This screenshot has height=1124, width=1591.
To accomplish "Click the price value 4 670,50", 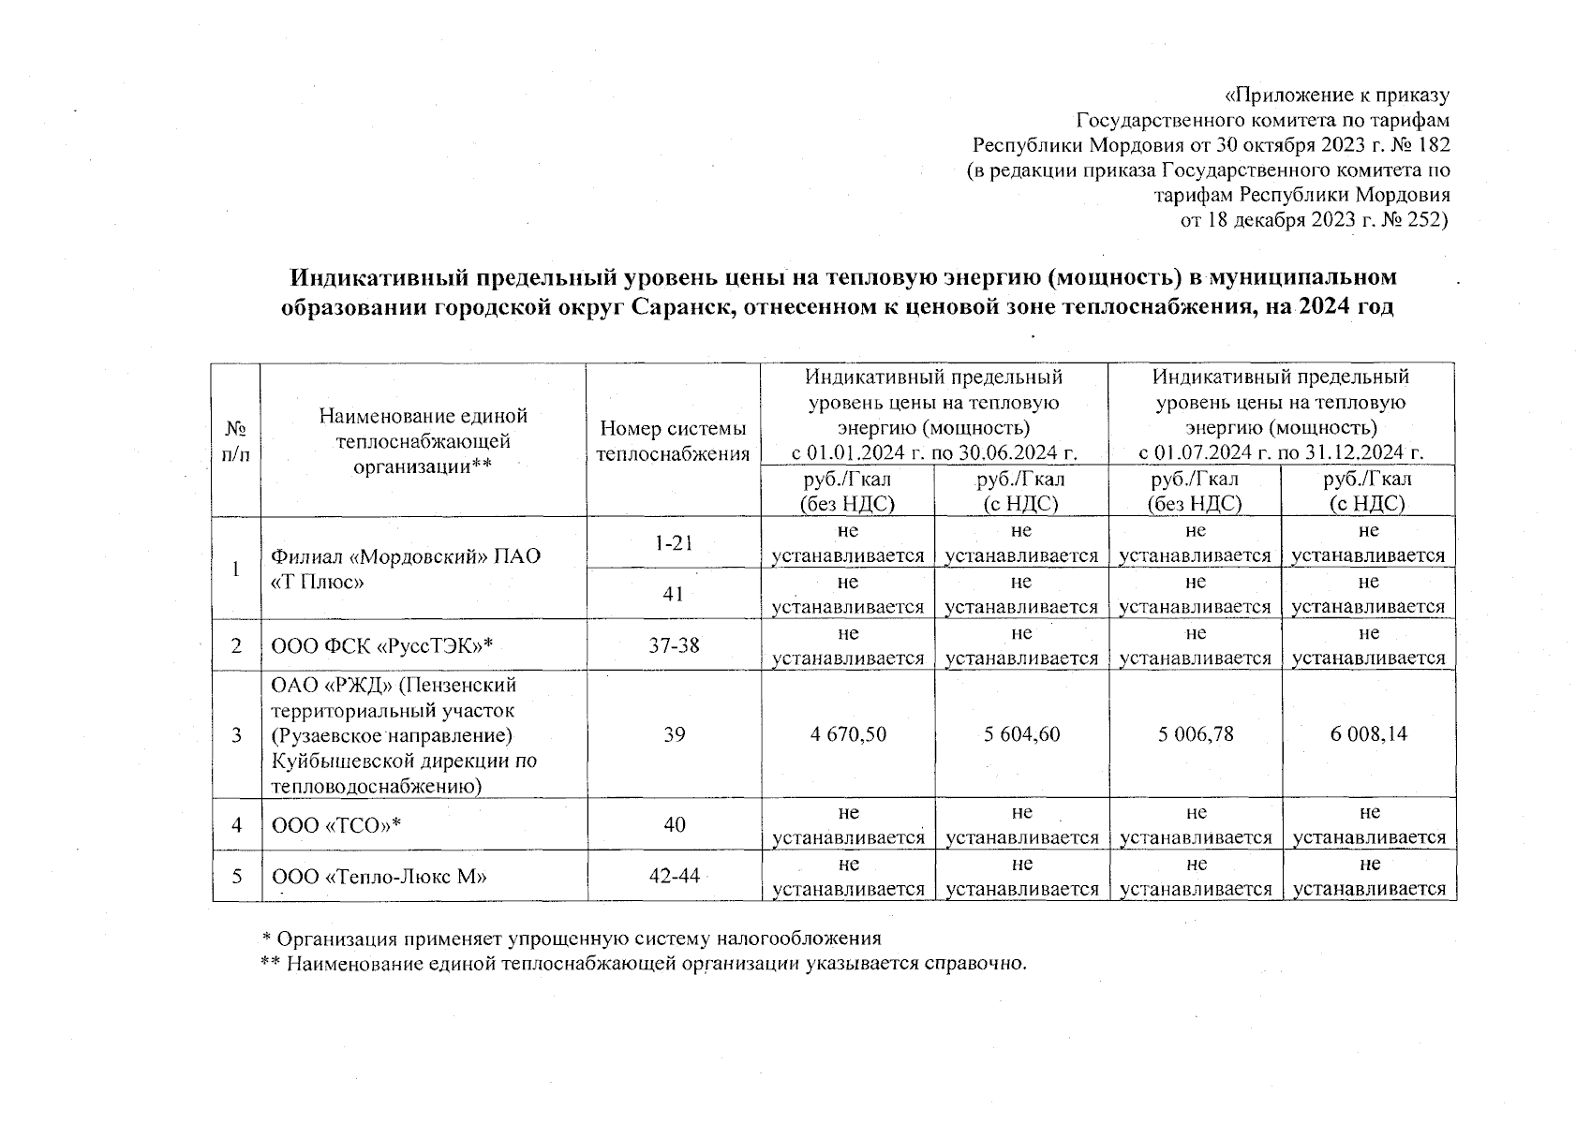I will (848, 734).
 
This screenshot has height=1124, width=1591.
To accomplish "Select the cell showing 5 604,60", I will (1021, 734).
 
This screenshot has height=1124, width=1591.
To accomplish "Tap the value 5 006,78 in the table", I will (1195, 734).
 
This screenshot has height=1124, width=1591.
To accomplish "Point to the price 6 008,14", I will (1368, 734).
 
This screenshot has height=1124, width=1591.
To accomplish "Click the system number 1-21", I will (674, 542).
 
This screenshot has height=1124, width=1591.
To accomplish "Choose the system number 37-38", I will (674, 645).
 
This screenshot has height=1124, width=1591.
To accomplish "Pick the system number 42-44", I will (674, 876).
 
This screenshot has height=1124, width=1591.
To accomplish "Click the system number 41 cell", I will (674, 594).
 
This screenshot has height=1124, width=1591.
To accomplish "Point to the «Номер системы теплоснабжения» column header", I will (674, 441).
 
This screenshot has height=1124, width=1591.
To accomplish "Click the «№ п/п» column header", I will (236, 441).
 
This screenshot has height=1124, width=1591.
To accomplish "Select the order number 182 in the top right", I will (1434, 145).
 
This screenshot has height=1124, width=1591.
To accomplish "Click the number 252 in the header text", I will (1426, 221).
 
